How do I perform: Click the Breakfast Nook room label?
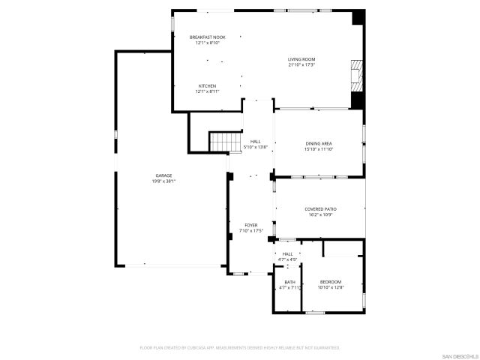(207, 37)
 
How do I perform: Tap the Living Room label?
(301, 59)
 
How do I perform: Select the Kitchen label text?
(207, 86)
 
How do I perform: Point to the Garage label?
(163, 175)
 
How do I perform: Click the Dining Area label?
(319, 143)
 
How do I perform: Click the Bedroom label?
(330, 282)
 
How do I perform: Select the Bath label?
(289, 282)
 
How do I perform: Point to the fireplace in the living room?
(356, 74)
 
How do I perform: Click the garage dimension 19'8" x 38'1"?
(163, 181)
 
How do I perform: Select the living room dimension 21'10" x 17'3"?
(301, 64)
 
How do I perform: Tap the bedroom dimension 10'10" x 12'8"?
(330, 287)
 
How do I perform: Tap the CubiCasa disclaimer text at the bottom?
(240, 348)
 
